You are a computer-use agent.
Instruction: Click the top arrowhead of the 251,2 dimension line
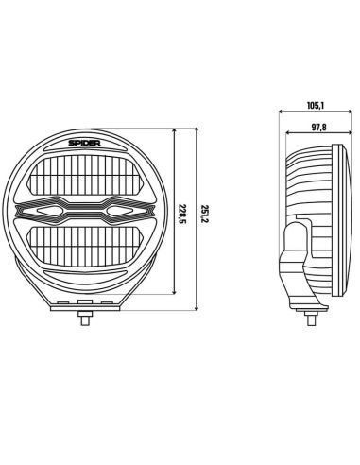pyautogui.click(x=194, y=126)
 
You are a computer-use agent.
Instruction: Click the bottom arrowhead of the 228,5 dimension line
pyautogui.click(x=176, y=295)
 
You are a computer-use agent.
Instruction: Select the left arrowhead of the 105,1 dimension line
pyautogui.click(x=281, y=112)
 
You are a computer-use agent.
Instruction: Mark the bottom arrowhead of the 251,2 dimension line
pyautogui.click(x=194, y=308)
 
